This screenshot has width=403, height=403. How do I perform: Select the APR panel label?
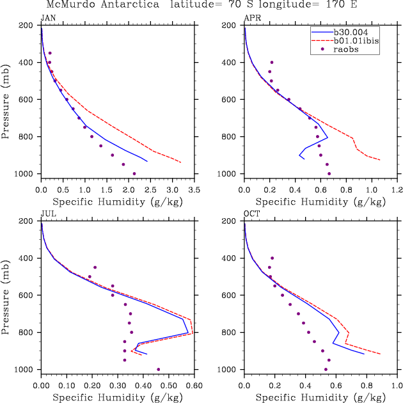point(251,17)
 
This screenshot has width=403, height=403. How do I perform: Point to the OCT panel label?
point(251,213)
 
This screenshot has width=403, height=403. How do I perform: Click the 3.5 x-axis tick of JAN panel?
point(194,191)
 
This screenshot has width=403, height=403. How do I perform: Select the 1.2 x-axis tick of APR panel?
point(397,191)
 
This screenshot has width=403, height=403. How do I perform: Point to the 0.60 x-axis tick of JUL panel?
point(194,386)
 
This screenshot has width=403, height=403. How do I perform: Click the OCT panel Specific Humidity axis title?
point(320,398)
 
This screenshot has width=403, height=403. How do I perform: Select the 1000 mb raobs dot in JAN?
point(134,173)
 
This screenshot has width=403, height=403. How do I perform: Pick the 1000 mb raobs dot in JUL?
point(158,369)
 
